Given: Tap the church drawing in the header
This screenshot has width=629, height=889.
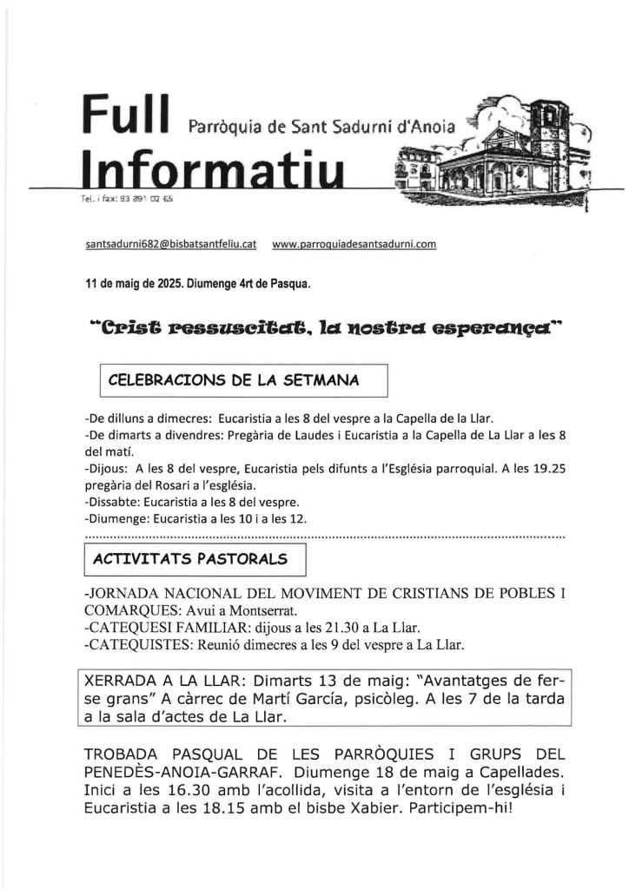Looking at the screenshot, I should point(492,153).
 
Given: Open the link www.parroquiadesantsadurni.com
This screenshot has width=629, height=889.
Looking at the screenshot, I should point(354,245).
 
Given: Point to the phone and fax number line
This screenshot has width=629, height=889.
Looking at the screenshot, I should point(126,200).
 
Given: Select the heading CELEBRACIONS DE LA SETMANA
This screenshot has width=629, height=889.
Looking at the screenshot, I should point(235,379).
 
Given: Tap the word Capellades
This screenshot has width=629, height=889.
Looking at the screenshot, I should point(520,771).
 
